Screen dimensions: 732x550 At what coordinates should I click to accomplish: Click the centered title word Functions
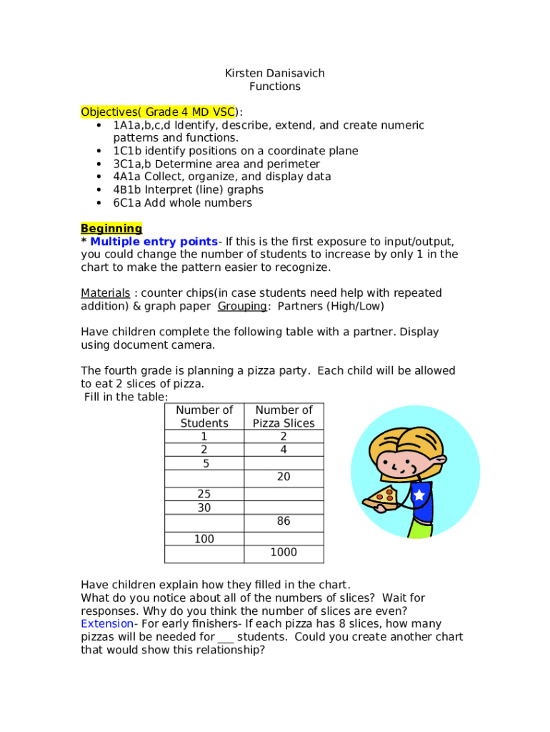[275, 86]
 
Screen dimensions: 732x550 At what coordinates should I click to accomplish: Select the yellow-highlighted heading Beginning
[111, 229]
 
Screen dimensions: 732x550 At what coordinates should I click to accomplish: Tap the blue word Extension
[106, 623]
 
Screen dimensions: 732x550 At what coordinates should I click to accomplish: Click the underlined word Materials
[105, 293]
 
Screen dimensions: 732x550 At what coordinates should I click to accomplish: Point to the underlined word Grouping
[243, 306]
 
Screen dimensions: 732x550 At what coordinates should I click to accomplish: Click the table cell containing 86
[284, 521]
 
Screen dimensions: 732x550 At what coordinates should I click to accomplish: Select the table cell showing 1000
[284, 553]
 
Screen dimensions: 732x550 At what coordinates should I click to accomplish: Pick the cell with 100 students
[204, 539]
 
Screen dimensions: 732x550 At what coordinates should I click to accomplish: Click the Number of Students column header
[204, 417]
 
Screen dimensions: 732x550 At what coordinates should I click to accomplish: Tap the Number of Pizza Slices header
[284, 417]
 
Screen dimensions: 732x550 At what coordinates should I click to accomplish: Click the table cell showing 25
[204, 494]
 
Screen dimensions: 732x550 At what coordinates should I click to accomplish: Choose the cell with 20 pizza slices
[284, 476]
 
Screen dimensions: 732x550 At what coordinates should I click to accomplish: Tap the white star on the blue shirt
[419, 495]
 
